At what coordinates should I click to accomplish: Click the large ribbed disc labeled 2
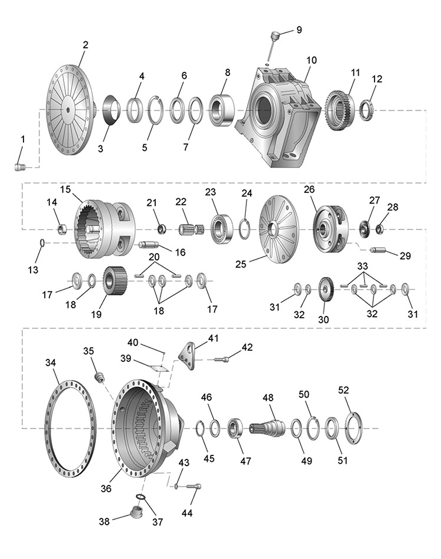[69, 111]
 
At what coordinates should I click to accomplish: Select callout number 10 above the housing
[311, 60]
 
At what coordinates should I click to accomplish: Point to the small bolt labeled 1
[20, 168]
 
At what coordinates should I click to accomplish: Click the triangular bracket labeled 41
[189, 355]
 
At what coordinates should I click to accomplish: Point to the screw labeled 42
[221, 358]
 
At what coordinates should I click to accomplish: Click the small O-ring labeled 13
[41, 243]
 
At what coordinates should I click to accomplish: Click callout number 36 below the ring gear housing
[106, 488]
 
